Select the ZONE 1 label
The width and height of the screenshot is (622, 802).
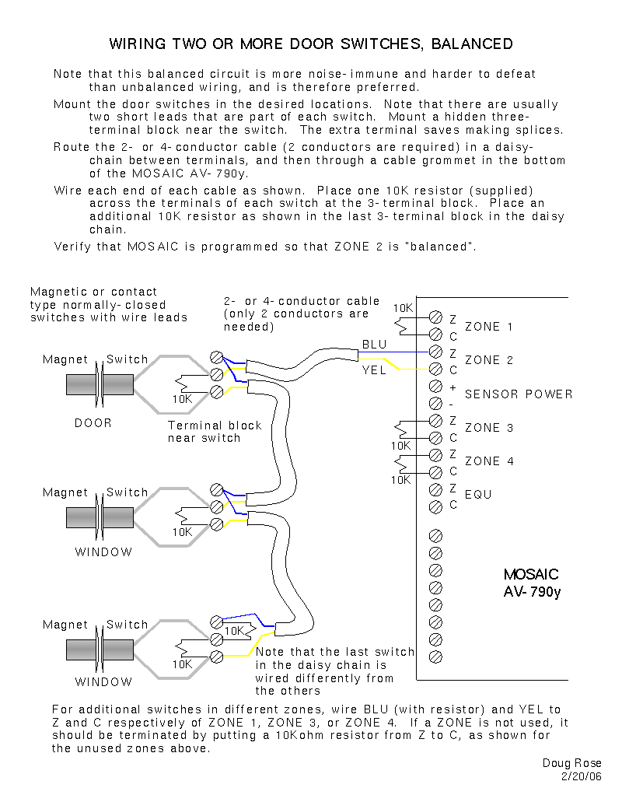[x=488, y=327]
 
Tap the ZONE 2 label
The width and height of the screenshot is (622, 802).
[x=488, y=360]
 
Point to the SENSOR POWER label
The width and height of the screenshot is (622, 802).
[x=518, y=394]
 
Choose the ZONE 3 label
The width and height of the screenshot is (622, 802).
[x=488, y=428]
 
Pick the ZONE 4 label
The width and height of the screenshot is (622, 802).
[x=488, y=461]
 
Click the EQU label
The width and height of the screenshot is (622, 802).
[x=478, y=495]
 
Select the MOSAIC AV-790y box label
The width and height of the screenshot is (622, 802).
[x=531, y=583]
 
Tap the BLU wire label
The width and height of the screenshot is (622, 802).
[x=374, y=345]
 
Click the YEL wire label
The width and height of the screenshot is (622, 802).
[x=374, y=370]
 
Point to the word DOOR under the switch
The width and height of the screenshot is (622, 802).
[x=93, y=423]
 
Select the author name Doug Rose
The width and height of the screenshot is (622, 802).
[x=571, y=763]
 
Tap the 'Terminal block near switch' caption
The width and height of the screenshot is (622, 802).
[x=215, y=432]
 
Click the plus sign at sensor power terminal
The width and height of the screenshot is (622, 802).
[x=453, y=387]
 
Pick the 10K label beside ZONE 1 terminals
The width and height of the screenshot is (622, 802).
[x=403, y=308]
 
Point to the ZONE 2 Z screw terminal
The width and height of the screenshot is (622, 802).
[x=435, y=352]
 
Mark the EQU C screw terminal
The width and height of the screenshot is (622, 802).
[x=435, y=505]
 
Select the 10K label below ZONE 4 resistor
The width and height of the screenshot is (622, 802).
[x=400, y=480]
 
